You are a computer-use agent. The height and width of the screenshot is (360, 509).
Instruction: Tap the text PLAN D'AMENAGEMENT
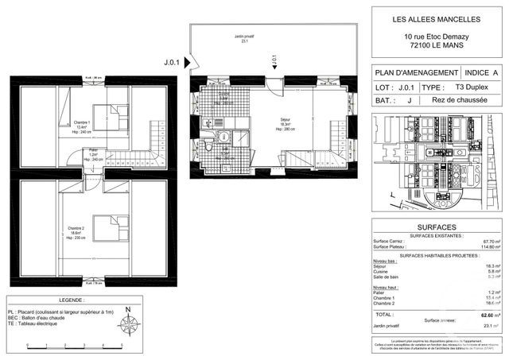(416, 72)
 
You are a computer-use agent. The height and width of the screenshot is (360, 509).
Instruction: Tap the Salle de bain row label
(390, 278)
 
